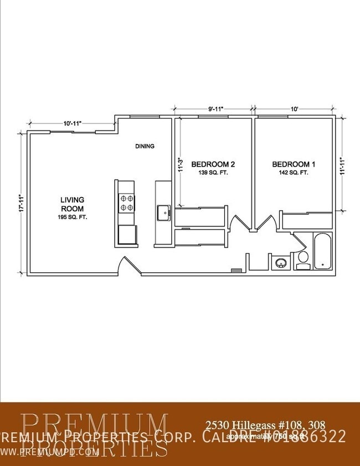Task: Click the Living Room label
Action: (x=72, y=204)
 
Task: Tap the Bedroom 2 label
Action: (x=213, y=164)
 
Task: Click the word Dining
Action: (x=145, y=147)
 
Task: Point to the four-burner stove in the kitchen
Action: (x=126, y=203)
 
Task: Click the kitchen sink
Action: (x=162, y=212)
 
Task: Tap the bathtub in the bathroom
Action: (x=322, y=252)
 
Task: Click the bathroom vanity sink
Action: (x=281, y=262)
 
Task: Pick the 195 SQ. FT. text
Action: (x=72, y=218)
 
